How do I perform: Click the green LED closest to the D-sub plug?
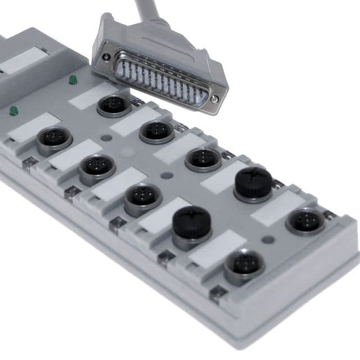73,80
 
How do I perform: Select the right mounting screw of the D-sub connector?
214,98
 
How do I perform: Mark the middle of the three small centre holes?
166,175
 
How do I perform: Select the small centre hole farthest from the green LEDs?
268,239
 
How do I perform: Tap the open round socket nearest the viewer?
244,264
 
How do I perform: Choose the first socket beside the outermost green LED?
55,139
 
